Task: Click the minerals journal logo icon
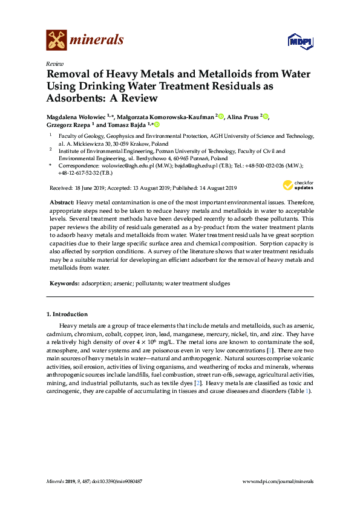point(56,41)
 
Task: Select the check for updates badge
point(297,185)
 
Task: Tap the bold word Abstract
point(61,201)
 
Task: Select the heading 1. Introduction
point(67,314)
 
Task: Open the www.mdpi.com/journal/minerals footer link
point(277,481)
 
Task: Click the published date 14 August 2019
point(214,187)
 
